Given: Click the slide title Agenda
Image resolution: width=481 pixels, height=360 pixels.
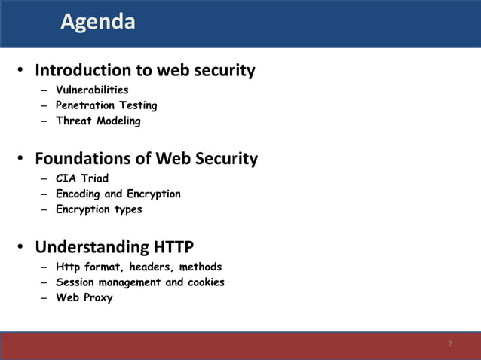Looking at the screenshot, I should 98,22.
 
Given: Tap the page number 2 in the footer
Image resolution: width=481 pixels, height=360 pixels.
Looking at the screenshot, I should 450,344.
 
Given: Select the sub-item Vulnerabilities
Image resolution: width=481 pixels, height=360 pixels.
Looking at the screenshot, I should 92,90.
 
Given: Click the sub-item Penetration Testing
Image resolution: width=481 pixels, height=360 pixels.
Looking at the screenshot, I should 106,105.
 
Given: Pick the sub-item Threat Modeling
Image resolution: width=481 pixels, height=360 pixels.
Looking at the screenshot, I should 98,121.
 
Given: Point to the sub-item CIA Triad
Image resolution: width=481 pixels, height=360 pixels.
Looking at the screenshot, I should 82,178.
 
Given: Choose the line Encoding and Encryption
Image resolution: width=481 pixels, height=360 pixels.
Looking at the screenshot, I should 118,194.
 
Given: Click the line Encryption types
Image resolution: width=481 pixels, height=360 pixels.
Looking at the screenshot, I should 99,209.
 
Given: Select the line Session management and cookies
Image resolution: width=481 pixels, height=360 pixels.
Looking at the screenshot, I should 140,282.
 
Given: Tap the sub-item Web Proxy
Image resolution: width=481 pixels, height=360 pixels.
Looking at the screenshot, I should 84,297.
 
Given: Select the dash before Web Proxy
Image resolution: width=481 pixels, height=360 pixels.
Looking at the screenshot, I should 44,297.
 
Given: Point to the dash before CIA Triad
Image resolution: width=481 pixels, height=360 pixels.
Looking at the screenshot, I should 44,178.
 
